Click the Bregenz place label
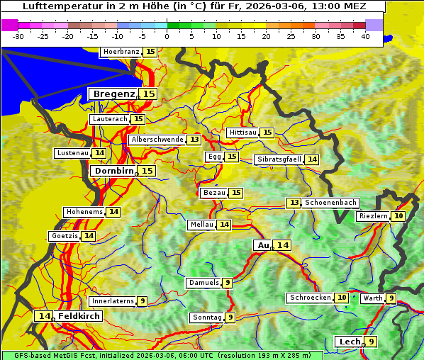click(113, 94)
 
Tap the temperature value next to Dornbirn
click(147, 171)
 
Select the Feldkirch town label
click(79, 316)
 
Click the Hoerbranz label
click(121, 52)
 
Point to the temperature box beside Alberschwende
click(194, 140)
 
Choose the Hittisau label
click(243, 133)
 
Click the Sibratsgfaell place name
click(279, 159)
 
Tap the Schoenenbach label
click(330, 203)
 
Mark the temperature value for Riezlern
click(398, 216)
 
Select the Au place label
click(263, 245)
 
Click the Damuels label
click(203, 283)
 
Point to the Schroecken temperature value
click(342, 298)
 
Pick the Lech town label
click(349, 342)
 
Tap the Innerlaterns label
click(113, 301)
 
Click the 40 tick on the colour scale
click(364, 36)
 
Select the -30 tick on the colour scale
click(18, 36)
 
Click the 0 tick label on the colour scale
click(167, 36)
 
